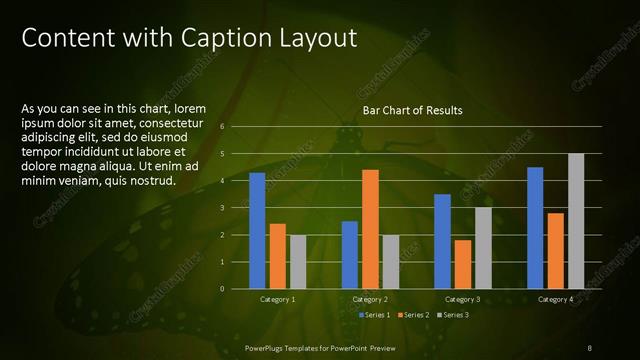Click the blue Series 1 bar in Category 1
(x=257, y=230)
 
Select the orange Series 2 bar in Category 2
(x=370, y=229)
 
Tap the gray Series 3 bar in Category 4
(x=576, y=221)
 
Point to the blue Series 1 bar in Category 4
(x=535, y=227)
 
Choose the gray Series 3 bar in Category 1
(x=298, y=261)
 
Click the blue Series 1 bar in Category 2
(x=349, y=254)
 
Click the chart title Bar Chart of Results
(x=412, y=110)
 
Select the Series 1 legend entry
(x=375, y=315)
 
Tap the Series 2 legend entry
(x=414, y=315)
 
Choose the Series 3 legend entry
(x=452, y=315)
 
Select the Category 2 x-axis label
(x=370, y=300)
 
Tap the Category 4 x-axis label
(x=555, y=300)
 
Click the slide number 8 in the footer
(x=590, y=347)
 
